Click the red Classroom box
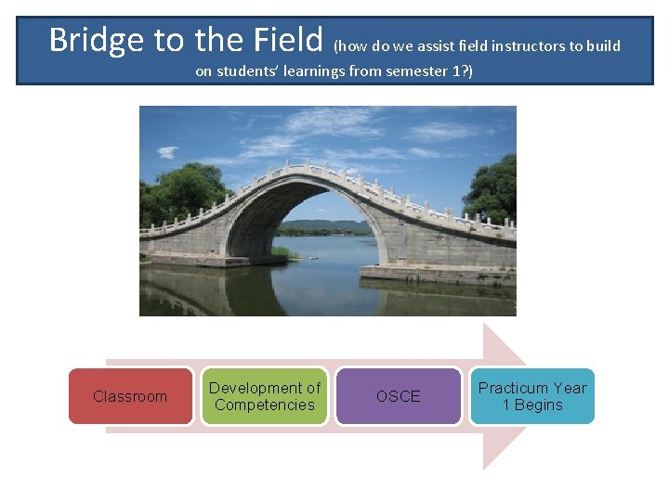[130, 396]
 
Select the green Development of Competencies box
[265, 396]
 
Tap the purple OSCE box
[398, 396]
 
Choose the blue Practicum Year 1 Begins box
[532, 396]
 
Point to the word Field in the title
[288, 40]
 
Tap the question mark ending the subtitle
[468, 71]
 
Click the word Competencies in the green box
[265, 405]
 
